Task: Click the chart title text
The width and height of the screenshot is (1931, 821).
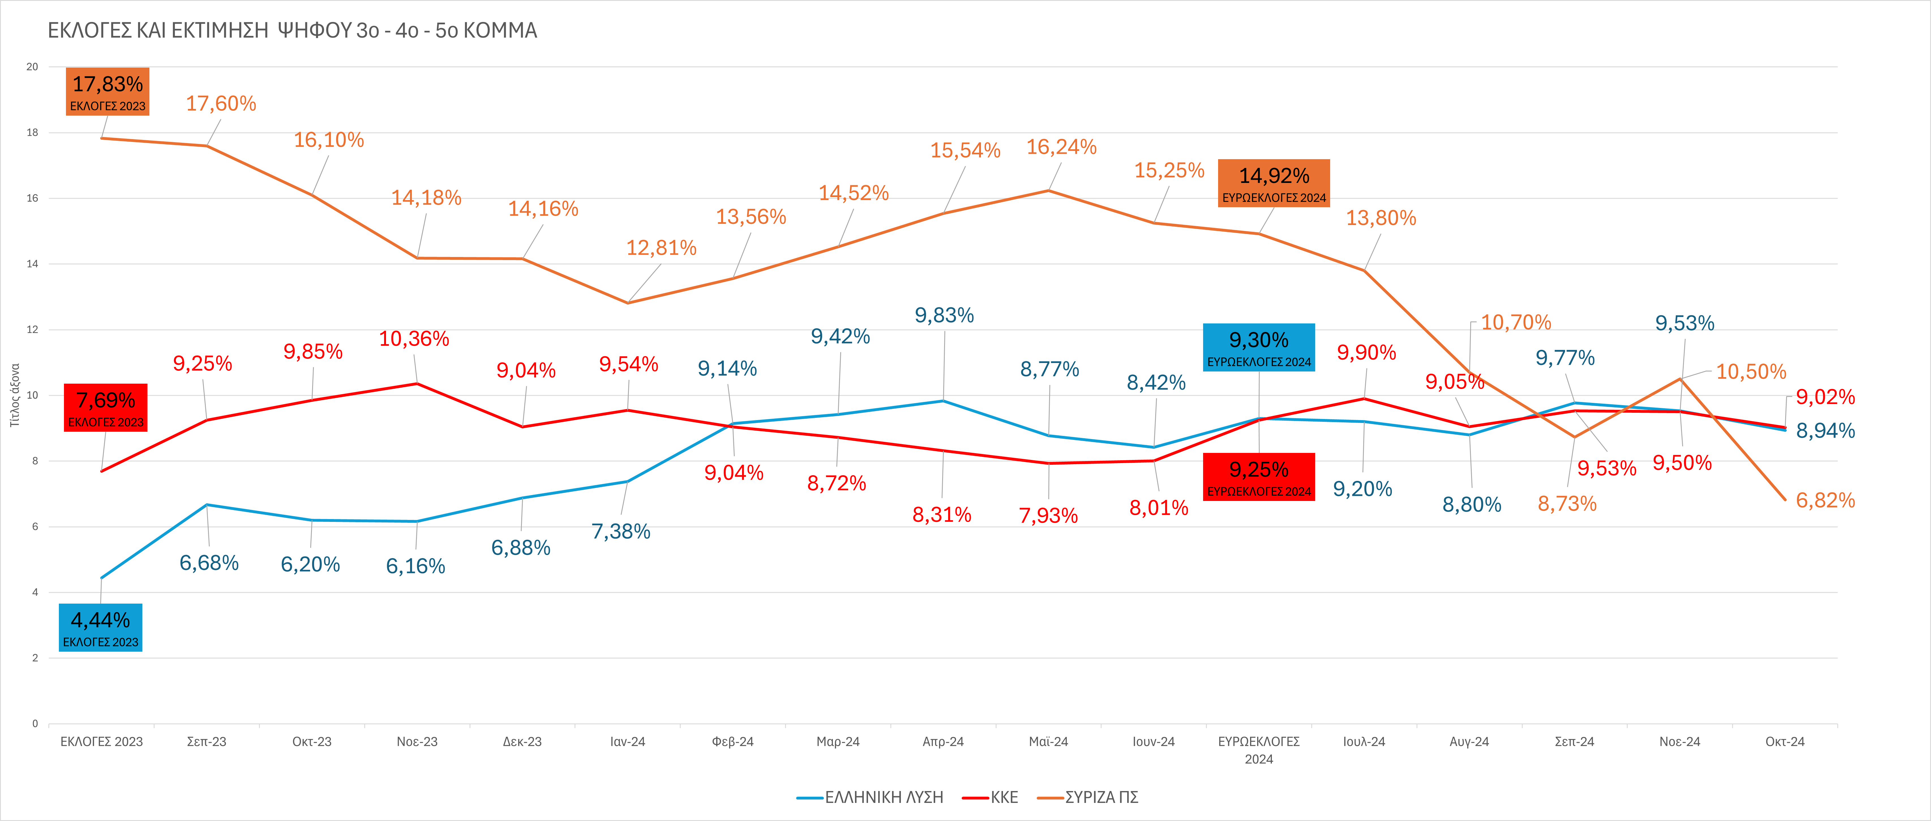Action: (292, 31)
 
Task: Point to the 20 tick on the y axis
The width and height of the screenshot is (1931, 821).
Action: (32, 67)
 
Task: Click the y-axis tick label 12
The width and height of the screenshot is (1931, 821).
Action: (32, 330)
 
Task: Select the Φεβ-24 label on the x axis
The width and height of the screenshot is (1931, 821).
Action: (732, 742)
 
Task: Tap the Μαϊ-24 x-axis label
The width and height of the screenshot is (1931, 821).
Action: (1048, 742)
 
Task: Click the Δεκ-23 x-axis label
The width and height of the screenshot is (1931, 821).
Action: (522, 742)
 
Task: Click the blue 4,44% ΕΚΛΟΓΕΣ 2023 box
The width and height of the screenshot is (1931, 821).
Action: (100, 628)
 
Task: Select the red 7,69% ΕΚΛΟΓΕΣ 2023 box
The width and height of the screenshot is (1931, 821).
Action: (106, 407)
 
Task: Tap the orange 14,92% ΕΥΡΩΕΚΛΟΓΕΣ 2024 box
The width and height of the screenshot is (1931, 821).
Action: (1274, 183)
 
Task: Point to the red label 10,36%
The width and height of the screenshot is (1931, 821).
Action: (414, 339)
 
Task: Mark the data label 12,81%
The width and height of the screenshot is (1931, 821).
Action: (661, 248)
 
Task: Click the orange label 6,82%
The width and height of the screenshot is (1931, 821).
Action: (1825, 500)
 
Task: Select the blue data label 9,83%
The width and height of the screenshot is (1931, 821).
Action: (944, 315)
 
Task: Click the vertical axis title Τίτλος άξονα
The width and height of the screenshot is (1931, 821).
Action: (14, 395)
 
